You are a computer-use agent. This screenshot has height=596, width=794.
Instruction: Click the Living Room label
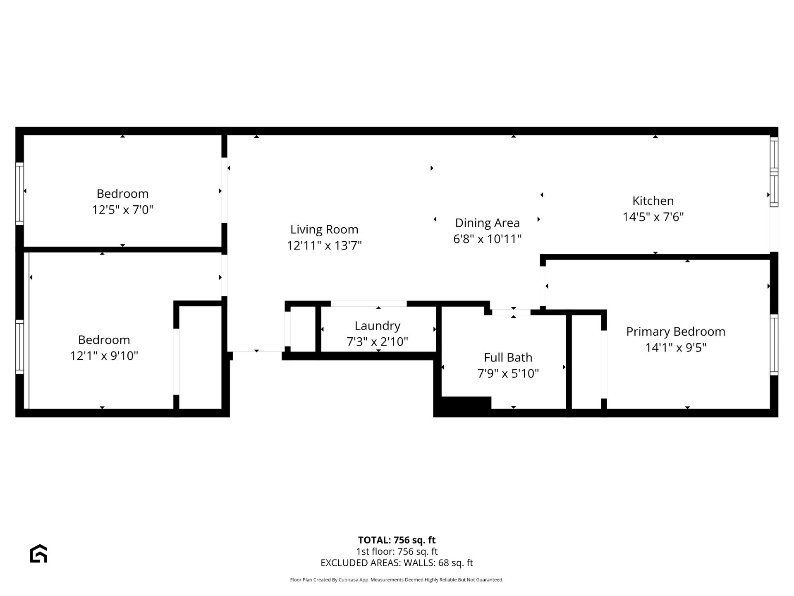coord(324,229)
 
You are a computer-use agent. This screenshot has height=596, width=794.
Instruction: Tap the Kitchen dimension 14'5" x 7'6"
coord(653,217)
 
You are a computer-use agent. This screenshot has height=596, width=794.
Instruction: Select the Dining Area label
coord(487,223)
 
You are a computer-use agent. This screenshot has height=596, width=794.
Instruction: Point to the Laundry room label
coord(377,326)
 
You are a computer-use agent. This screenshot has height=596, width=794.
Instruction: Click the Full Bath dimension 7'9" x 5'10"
coord(508,373)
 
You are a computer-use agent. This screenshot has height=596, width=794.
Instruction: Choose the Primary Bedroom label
coord(675,332)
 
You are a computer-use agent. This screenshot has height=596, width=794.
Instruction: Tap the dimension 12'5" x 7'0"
coord(122,209)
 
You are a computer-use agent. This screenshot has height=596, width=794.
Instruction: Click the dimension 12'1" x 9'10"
coord(104,356)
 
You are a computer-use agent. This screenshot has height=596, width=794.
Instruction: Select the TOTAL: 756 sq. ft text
coord(397,540)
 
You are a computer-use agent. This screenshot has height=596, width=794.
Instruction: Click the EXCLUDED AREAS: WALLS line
coord(397,563)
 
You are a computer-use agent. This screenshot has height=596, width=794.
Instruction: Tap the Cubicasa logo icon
coord(38,554)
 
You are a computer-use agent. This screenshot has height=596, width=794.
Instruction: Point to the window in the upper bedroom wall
coord(19,193)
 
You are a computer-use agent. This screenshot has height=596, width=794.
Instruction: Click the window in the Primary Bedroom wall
coord(774,345)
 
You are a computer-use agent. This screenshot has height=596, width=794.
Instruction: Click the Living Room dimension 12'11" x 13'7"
coord(324,245)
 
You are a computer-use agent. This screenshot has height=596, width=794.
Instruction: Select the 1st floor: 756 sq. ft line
coord(397,551)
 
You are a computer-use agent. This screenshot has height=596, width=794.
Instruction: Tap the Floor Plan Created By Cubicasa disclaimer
coord(397,580)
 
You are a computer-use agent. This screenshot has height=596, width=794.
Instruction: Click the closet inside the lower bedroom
coord(200,357)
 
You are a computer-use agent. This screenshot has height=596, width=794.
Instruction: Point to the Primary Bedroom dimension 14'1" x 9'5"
coord(675,347)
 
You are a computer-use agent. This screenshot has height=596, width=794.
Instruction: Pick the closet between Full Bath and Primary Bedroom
coord(586,362)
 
